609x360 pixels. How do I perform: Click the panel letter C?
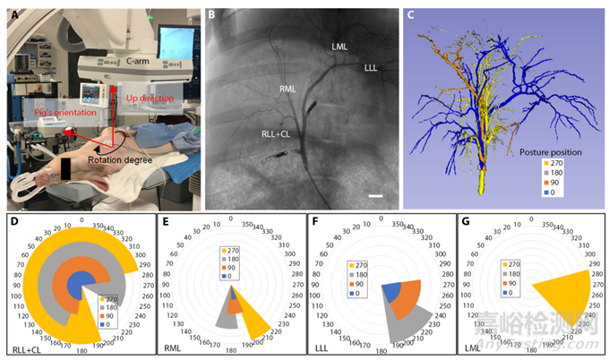(411, 15)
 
